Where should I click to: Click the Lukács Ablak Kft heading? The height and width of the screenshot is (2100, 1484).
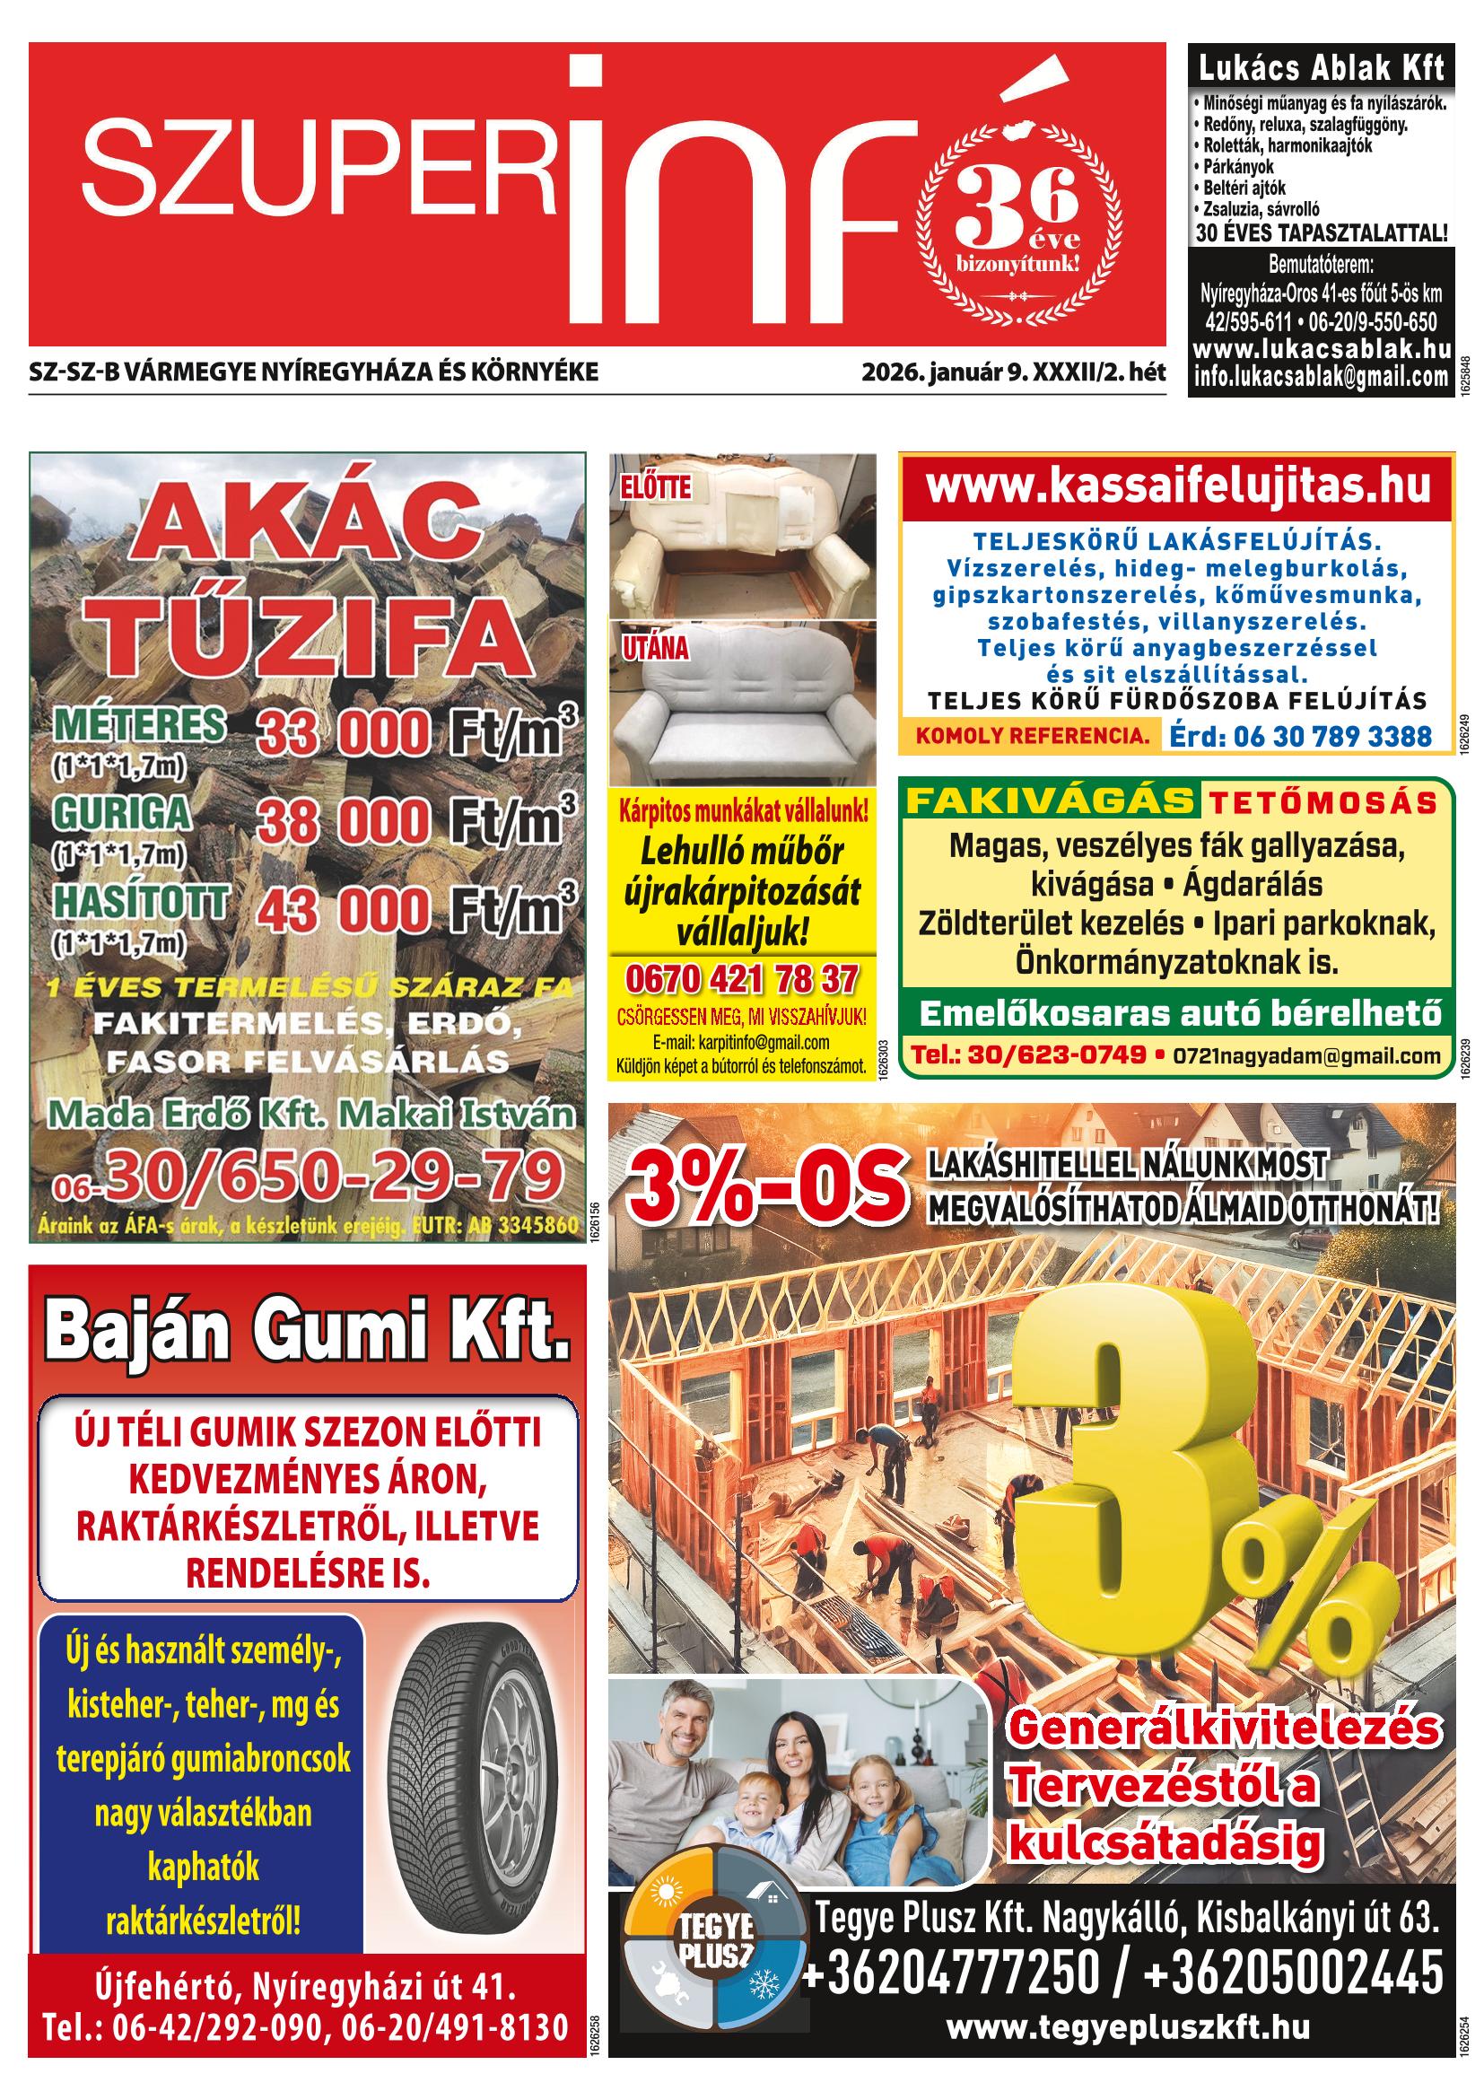coord(1322,68)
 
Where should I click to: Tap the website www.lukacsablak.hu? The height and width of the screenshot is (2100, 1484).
coord(1322,349)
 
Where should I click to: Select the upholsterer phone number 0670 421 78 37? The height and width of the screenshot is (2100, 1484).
coord(741,980)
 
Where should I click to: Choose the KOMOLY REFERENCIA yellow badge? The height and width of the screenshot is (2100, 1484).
coord(1026,734)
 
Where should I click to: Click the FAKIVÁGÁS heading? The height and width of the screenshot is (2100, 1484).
coord(1049,801)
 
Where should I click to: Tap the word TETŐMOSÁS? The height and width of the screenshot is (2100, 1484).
coord(1323,803)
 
